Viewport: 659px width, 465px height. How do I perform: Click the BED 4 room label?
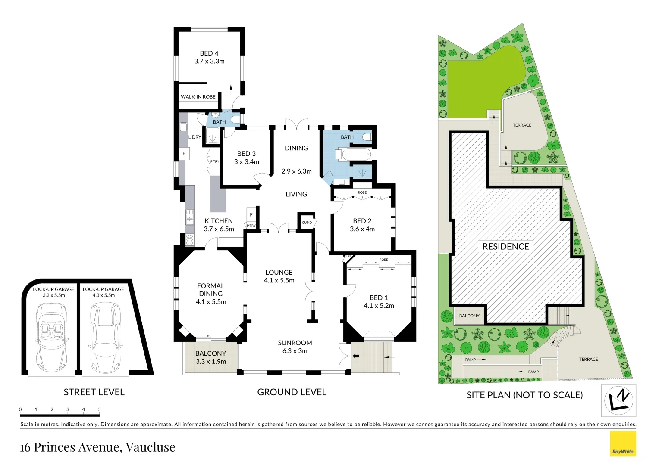pyautogui.click(x=209, y=53)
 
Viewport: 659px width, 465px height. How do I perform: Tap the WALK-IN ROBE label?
pyautogui.click(x=198, y=97)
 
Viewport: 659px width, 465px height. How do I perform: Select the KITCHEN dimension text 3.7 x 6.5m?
pyautogui.click(x=219, y=229)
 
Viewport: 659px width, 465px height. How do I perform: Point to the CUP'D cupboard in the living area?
pyautogui.click(x=307, y=223)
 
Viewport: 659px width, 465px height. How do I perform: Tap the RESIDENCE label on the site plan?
pyautogui.click(x=505, y=246)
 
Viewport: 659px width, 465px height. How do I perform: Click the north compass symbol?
pyautogui.click(x=618, y=400)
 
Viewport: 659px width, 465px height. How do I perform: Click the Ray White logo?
pyautogui.click(x=623, y=443)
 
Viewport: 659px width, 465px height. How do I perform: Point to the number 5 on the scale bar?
pyautogui.click(x=99, y=409)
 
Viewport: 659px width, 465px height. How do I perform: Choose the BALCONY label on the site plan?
pyautogui.click(x=469, y=316)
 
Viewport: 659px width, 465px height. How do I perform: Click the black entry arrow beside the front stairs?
pyautogui.click(x=356, y=356)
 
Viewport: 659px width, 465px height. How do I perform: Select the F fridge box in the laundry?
pyautogui.click(x=184, y=154)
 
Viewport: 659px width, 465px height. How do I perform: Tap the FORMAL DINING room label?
pyautogui.click(x=210, y=290)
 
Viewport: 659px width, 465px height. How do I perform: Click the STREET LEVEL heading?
pyautogui.click(x=94, y=392)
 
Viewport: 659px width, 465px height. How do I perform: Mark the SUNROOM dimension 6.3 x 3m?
pyautogui.click(x=295, y=351)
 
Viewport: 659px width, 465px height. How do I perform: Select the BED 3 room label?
pyautogui.click(x=246, y=154)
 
